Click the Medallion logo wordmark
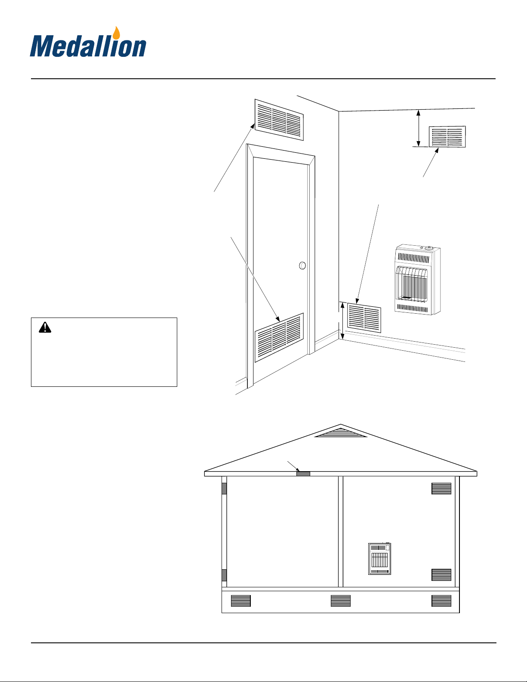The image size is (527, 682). [88, 46]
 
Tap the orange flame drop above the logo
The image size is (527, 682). [117, 33]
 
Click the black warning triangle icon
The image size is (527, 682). [45, 327]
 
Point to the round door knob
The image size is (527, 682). [302, 265]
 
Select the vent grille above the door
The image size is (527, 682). [279, 120]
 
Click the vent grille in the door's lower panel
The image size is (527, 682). [279, 337]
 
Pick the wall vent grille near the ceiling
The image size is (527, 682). [447, 136]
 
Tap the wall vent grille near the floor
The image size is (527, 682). [364, 318]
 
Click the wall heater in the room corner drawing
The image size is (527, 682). [418, 279]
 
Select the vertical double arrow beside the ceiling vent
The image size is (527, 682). [418, 128]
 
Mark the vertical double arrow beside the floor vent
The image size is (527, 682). [342, 321]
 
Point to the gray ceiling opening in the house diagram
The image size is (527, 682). [303, 474]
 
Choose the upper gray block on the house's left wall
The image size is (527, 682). [224, 488]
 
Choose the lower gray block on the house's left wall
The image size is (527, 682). [224, 575]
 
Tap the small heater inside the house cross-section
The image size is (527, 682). [379, 559]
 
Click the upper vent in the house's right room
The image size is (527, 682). [441, 488]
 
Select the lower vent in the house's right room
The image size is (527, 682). [441, 575]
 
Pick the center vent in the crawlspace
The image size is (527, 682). [341, 601]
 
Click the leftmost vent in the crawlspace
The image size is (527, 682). [241, 601]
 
